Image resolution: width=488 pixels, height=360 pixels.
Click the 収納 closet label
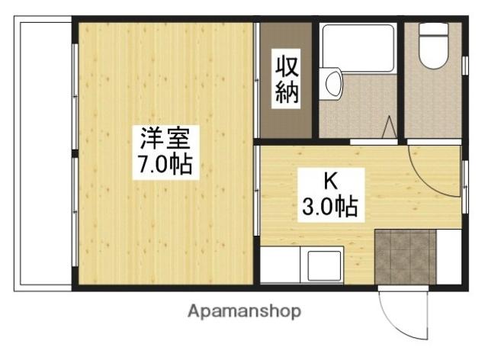point(287,79)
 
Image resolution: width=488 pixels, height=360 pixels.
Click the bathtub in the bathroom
point(358,47)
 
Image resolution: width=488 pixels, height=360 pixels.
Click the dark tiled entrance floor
point(404,256)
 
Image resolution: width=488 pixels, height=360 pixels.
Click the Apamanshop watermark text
point(244,312)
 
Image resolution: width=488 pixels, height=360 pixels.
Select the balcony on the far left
point(43,156)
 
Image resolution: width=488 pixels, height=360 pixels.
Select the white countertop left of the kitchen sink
point(282,267)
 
